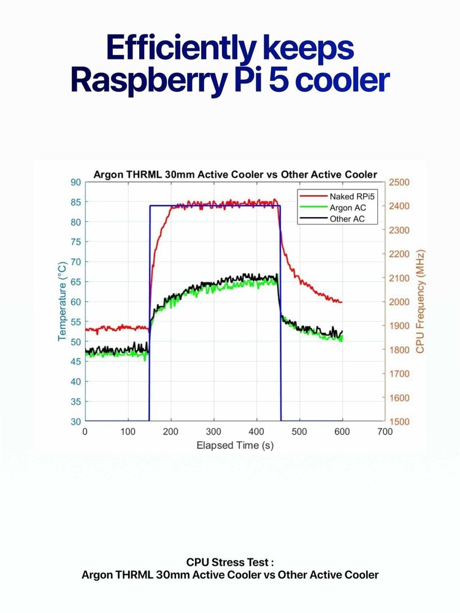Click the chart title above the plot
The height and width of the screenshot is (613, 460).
235,174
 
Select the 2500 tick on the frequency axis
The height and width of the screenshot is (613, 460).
399,182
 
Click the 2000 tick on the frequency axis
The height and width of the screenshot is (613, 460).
399,302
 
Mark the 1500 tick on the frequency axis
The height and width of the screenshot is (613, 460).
399,422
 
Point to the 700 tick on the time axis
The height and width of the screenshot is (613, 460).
385,432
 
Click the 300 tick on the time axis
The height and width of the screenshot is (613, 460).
213,432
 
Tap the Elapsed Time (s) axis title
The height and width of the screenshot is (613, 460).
235,445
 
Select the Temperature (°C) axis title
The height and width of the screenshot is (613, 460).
62,302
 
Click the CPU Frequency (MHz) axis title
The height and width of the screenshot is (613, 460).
420,302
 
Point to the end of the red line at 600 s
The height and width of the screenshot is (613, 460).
342,302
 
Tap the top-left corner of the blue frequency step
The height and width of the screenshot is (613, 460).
150,206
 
